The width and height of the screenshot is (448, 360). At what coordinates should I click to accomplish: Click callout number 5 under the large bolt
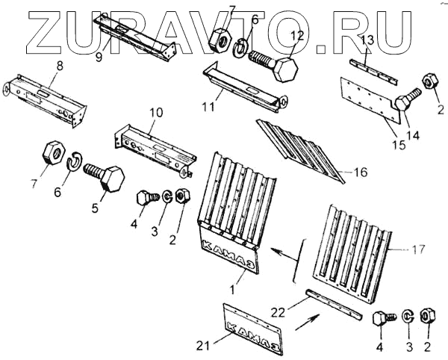[x=94, y=208]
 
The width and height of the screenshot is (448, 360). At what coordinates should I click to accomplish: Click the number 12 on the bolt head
[x=296, y=35]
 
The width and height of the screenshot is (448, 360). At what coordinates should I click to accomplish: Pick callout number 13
[x=368, y=40]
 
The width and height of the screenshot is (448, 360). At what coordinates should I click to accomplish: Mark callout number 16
[x=361, y=173]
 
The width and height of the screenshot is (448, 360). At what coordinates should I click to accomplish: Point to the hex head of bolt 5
[x=109, y=180]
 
